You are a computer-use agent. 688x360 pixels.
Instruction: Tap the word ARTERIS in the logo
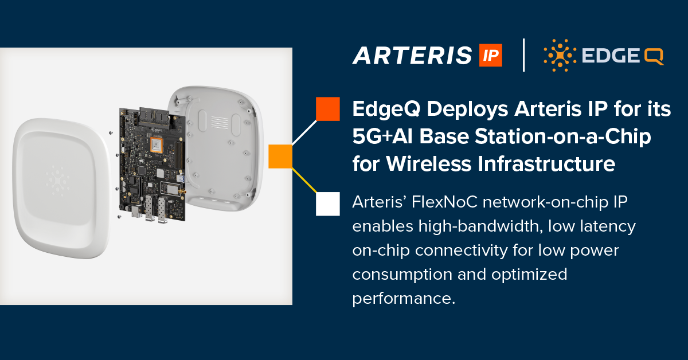click(x=412, y=56)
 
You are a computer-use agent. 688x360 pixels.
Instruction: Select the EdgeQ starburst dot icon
click(x=556, y=56)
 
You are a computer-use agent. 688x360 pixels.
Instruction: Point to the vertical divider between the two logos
click(x=523, y=55)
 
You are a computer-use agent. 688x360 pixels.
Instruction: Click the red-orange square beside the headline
click(x=328, y=109)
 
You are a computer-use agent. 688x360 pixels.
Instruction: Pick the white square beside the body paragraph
click(x=328, y=204)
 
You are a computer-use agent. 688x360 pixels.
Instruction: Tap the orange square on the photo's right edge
click(x=280, y=156)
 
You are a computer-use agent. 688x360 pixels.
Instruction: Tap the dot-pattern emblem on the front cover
click(x=57, y=178)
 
